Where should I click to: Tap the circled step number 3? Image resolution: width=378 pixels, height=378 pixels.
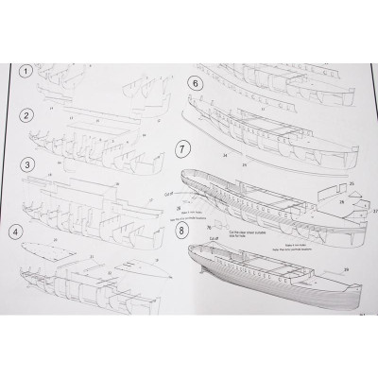pyautogui.click(x=30, y=163)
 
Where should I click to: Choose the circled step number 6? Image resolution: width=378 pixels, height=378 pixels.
pyautogui.click(x=196, y=82)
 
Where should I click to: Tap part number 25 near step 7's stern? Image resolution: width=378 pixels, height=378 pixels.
pyautogui.click(x=352, y=182)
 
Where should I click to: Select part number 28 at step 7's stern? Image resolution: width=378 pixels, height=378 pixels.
pyautogui.click(x=341, y=201)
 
